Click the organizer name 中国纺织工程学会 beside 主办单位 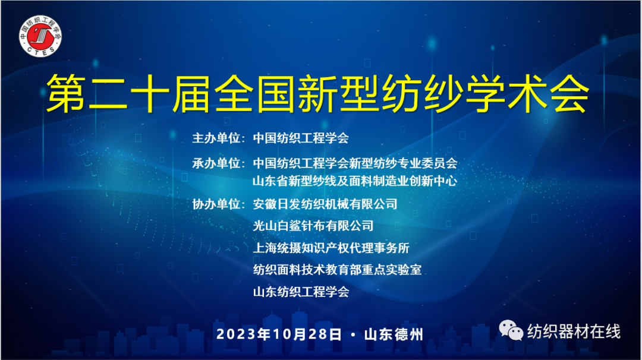point(301,138)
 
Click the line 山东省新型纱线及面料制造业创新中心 point(355,181)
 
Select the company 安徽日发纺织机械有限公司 point(325,204)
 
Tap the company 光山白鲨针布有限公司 point(313,226)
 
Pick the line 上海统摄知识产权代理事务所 point(331,248)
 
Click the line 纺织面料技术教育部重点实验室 point(337,269)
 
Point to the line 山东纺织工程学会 point(301,292)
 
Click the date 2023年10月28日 point(279,334)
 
